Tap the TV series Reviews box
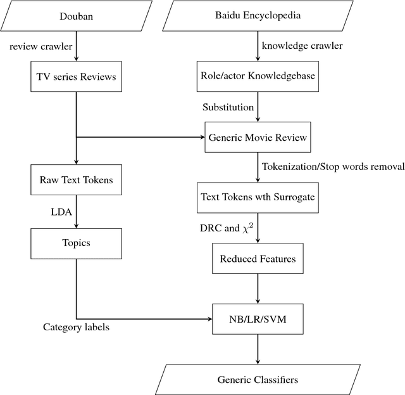76,77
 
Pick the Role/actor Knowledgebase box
258,77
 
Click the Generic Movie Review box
258,136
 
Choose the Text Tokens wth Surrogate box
258,197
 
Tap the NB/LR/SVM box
258,318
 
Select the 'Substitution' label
227,106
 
